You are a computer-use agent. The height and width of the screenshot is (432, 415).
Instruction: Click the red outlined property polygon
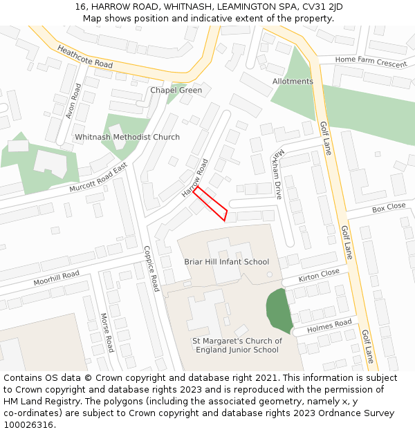pyautogui.click(x=210, y=203)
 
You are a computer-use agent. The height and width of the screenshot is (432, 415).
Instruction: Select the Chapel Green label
pyautogui.click(x=176, y=91)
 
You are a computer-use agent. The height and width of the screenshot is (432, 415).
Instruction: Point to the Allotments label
pyautogui.click(x=293, y=82)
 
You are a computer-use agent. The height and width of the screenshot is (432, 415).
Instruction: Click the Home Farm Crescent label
pyautogui.click(x=371, y=62)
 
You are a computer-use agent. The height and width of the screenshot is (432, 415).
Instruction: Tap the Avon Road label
pyautogui.click(x=73, y=101)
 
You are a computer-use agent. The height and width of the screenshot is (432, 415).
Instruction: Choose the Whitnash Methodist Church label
pyautogui.click(x=127, y=138)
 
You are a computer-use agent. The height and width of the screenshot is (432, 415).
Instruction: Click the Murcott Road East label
pyautogui.click(x=99, y=178)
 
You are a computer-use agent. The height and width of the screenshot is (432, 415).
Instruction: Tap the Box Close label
pyautogui.click(x=389, y=207)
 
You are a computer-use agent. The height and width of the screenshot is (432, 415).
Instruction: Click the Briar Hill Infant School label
pyautogui.click(x=227, y=262)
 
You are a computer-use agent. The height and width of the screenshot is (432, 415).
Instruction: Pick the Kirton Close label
pyautogui.click(x=319, y=275)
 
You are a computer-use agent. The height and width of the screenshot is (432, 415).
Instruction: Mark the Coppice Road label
pyautogui.click(x=151, y=269)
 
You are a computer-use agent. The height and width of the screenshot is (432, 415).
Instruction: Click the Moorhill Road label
pyautogui.click(x=57, y=279)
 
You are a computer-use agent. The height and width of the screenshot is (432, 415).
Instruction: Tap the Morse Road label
pyautogui.click(x=107, y=331)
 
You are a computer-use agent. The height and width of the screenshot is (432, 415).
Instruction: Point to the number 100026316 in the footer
pyautogui.click(x=28, y=425)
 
